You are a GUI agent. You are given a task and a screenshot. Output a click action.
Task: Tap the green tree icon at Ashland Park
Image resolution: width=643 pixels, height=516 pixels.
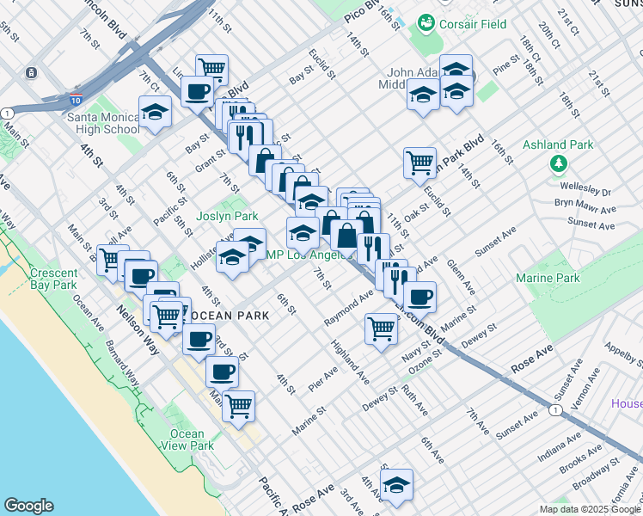point(559,163)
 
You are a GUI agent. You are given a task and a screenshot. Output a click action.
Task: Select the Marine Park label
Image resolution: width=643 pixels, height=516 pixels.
point(547,278)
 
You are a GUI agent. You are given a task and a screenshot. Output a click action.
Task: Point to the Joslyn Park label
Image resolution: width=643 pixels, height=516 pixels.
point(227,216)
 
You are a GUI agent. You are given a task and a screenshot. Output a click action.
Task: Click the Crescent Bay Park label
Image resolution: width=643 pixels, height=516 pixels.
point(53,278)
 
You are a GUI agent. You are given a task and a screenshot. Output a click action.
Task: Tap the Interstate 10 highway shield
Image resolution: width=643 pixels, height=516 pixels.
point(77,101)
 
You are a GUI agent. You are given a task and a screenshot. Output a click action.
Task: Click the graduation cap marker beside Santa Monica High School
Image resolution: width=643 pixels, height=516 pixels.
point(155,112)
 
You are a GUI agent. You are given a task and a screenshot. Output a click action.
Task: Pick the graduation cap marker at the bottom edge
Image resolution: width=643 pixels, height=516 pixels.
point(396,485)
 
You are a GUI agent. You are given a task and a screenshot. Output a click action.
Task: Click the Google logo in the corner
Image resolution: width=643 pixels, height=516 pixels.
point(28,506)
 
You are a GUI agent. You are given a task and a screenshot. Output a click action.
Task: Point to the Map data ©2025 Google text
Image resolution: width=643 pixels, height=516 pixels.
point(589,509)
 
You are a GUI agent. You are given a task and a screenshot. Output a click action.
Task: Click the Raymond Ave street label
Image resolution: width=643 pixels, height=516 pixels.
point(348,307)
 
